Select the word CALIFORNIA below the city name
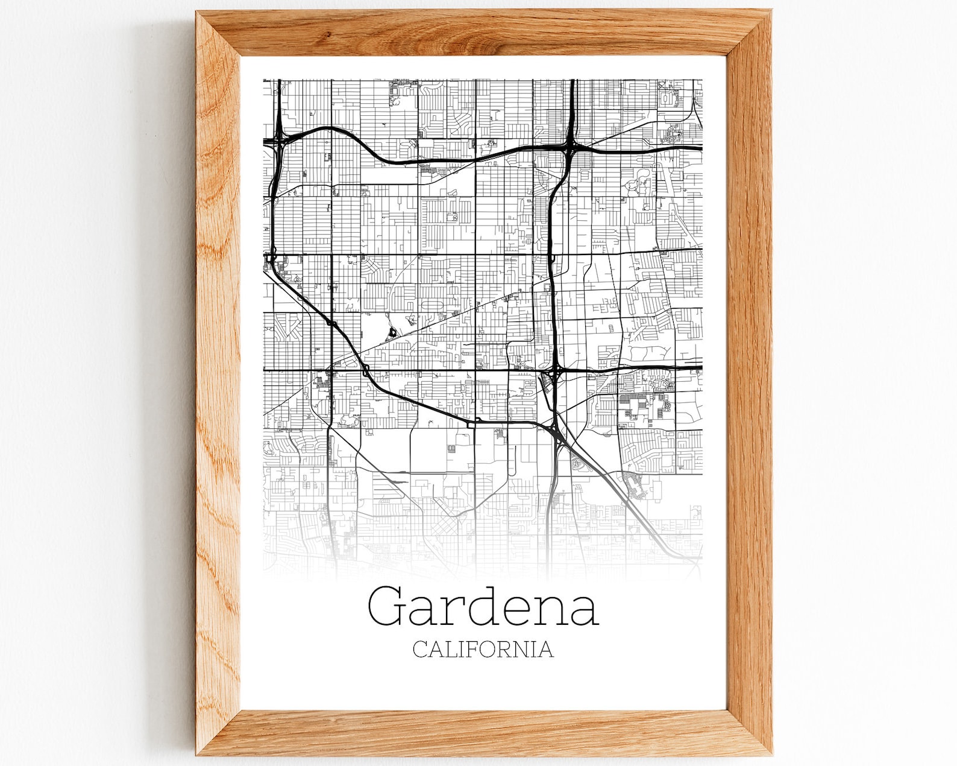[x=483, y=649]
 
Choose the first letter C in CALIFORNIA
[x=421, y=650]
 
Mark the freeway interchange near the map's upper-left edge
[x=278, y=142]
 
